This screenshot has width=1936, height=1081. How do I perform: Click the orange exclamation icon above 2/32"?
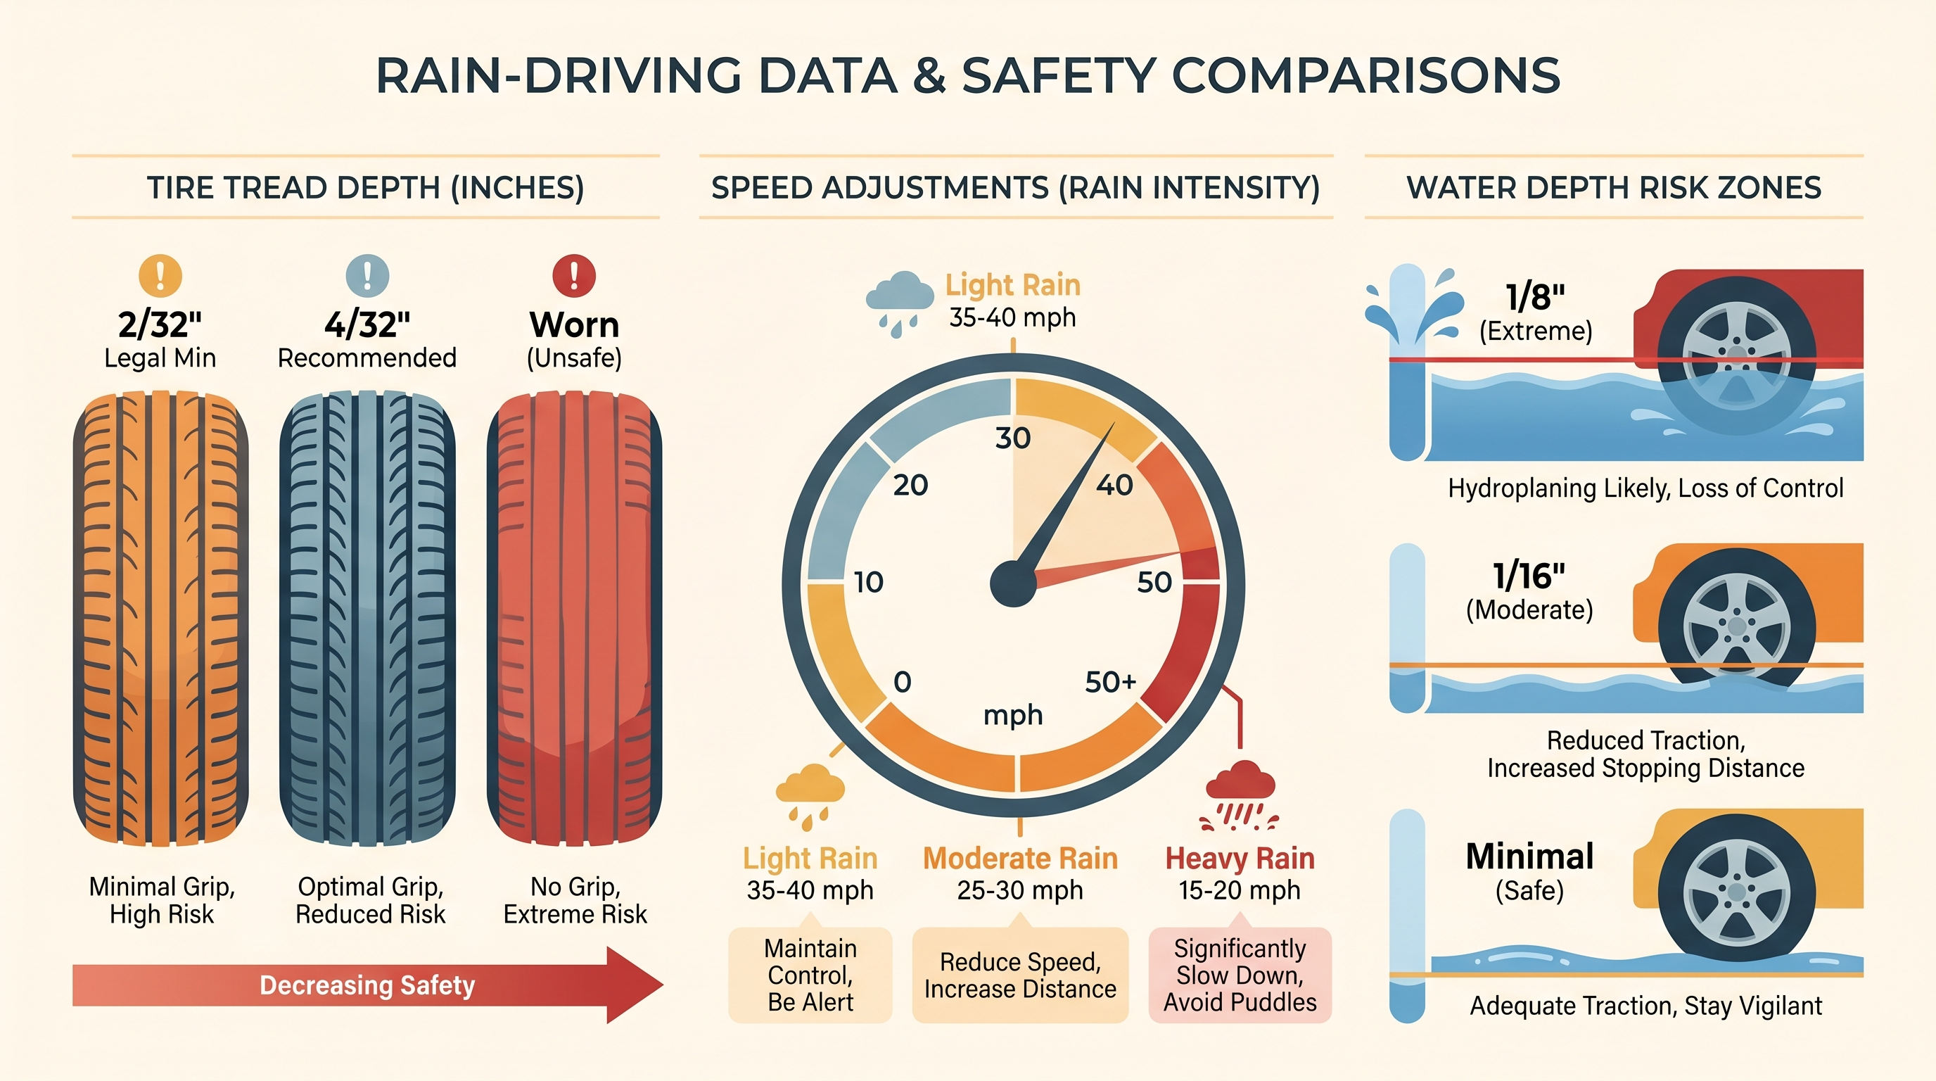click(160, 276)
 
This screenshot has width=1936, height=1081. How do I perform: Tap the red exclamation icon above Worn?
click(574, 276)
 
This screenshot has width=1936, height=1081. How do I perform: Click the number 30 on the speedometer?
click(1012, 438)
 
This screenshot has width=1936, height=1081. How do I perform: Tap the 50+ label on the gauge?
click(1110, 682)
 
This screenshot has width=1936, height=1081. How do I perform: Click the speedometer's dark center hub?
click(1013, 584)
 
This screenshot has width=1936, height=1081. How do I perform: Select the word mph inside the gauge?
click(1013, 714)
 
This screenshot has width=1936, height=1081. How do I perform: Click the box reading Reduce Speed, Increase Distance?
click(1020, 975)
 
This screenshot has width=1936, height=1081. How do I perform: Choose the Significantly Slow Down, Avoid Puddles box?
click(1240, 975)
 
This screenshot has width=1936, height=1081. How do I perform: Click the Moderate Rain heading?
click(1020, 859)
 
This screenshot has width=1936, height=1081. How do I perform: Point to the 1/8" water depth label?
click(1535, 297)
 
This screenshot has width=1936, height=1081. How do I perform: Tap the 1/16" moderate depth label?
click(1529, 576)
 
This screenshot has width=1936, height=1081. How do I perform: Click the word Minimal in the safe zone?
click(1529, 857)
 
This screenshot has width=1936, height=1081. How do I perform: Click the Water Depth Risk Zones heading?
click(1613, 188)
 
